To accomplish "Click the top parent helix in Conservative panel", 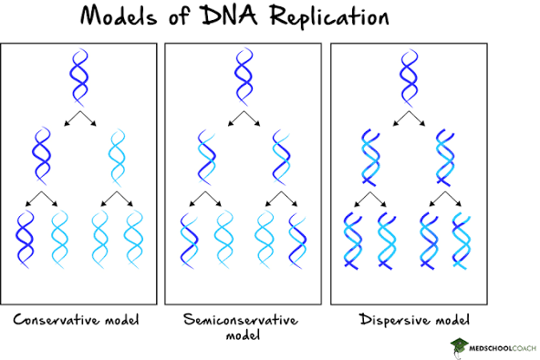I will point(78,78).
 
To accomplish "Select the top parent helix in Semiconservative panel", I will point(243,78).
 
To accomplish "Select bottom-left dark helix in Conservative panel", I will point(25,239).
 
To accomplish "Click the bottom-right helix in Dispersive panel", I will point(462,242).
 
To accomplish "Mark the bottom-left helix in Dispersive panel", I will point(353,242).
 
